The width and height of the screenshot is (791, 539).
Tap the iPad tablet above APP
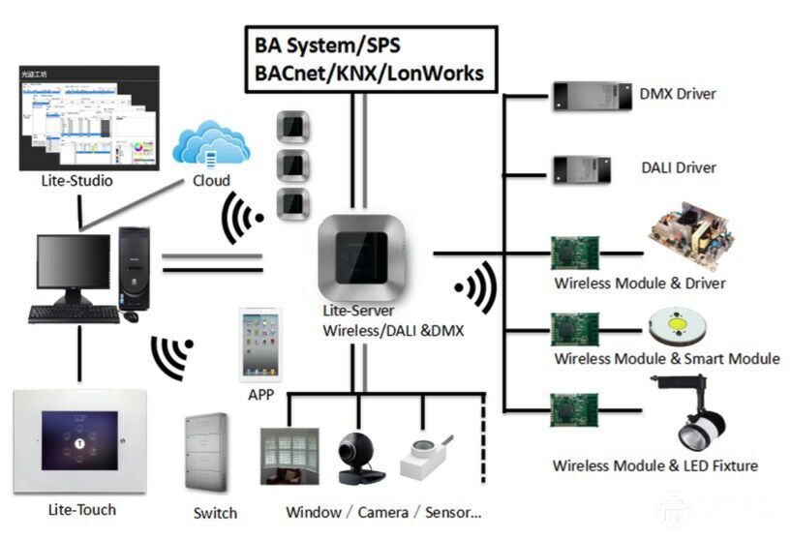tap(260, 344)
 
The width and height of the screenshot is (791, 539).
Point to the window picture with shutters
tap(289, 456)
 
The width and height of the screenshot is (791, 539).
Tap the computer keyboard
tap(74, 314)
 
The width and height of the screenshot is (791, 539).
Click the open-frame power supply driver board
tap(687, 236)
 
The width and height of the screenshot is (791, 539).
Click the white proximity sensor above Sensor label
tap(426, 458)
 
